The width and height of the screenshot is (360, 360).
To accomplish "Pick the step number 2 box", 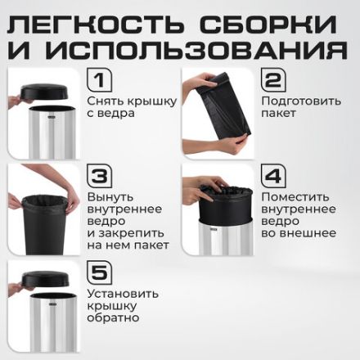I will coord(274,80).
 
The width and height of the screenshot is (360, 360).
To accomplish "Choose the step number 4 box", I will coord(274,177).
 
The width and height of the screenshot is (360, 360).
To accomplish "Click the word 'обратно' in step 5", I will coord(115,317).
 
